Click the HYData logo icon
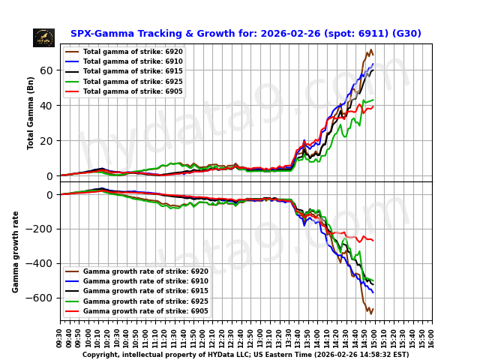click(43, 37)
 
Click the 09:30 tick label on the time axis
click(60, 336)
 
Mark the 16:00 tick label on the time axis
click(432, 336)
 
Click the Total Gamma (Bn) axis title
click(31, 112)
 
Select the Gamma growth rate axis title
click(16, 251)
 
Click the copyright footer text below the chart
click(245, 355)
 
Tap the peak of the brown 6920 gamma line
click(370, 50)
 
